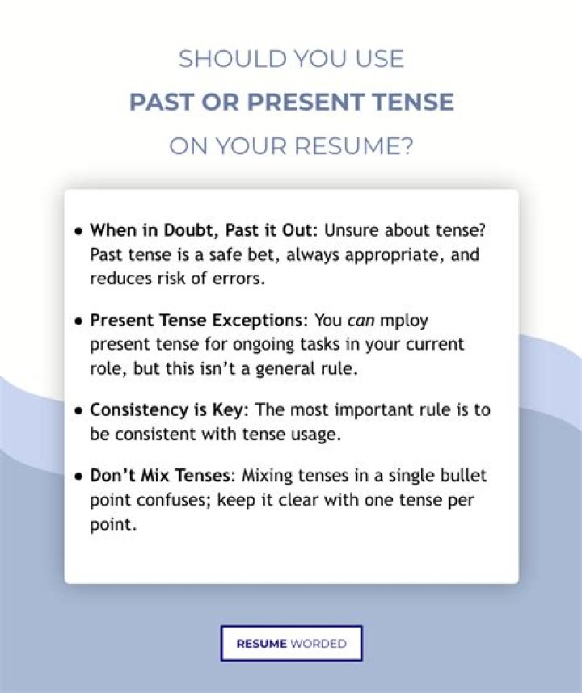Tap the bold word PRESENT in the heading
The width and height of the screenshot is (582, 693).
click(306, 102)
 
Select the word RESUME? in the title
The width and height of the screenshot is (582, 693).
click(354, 146)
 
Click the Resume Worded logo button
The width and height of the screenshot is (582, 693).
click(292, 643)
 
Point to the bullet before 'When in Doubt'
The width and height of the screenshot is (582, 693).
click(78, 231)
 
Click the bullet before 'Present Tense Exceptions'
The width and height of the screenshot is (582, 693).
click(78, 321)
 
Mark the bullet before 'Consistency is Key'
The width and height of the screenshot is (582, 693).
click(78, 411)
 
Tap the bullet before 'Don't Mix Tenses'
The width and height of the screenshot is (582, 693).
click(78, 477)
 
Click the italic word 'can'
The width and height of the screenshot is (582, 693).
click(361, 321)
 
